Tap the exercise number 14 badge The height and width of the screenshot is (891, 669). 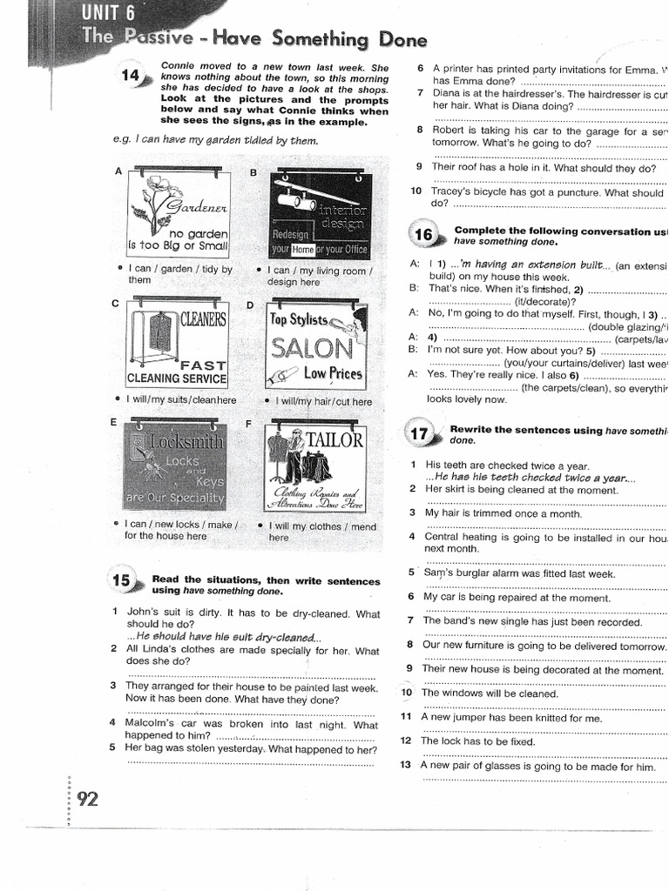(132, 77)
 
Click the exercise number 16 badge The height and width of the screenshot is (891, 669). (423, 236)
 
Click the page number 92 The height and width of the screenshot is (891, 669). (87, 799)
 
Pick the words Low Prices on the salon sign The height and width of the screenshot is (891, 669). (332, 374)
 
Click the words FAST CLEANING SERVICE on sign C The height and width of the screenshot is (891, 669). (177, 372)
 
